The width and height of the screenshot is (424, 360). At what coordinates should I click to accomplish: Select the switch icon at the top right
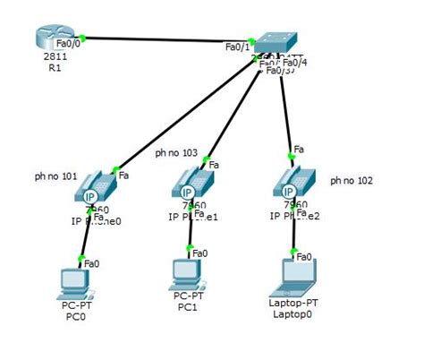pyautogui.click(x=276, y=42)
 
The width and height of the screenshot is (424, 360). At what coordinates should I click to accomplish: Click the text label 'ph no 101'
pyautogui.click(x=55, y=176)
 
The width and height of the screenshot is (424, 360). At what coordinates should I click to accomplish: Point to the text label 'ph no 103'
pyautogui.click(x=176, y=152)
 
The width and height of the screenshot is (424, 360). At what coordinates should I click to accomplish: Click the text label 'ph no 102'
pyautogui.click(x=352, y=180)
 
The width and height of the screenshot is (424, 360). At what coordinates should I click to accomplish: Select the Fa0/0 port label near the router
pyautogui.click(x=67, y=41)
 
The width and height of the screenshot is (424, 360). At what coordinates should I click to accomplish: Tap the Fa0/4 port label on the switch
pyautogui.click(x=295, y=62)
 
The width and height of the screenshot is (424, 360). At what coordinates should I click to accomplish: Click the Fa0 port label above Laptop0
pyautogui.click(x=305, y=256)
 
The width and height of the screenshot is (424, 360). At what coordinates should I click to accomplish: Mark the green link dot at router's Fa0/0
pyautogui.click(x=82, y=37)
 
